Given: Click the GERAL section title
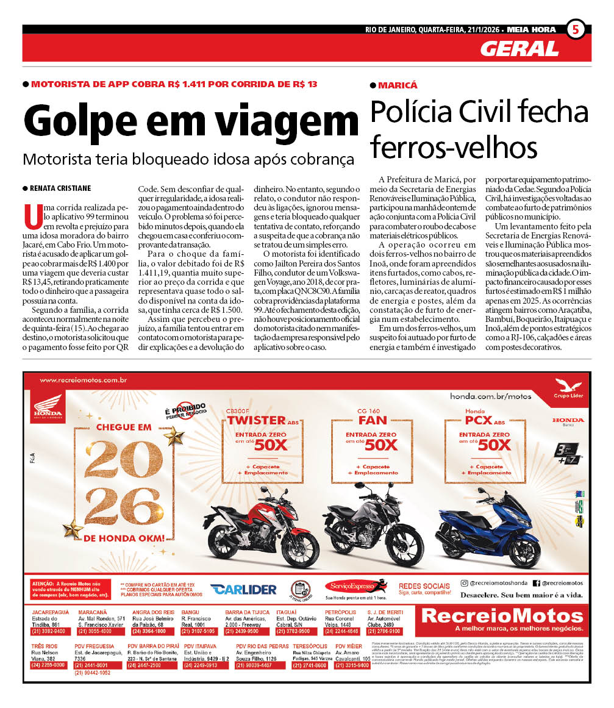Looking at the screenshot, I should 519,48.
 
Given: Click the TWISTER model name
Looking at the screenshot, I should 257,420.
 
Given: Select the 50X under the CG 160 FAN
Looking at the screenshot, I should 382,445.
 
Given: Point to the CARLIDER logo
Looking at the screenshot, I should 243,589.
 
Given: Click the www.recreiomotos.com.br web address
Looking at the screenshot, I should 82,381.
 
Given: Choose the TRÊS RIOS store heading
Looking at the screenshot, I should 44,646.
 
